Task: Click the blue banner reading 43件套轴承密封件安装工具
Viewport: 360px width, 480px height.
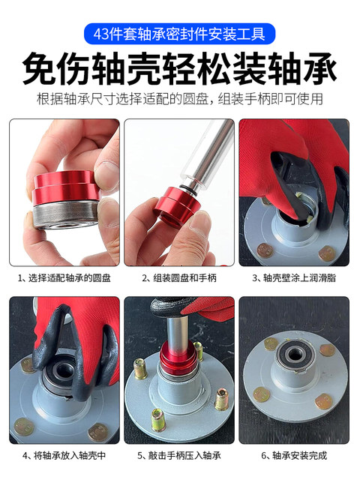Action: (179, 34)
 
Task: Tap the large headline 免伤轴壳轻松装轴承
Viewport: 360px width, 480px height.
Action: (179, 69)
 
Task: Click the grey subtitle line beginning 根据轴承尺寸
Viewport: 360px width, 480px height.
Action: (179, 100)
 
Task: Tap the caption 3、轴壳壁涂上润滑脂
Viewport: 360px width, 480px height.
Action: (294, 277)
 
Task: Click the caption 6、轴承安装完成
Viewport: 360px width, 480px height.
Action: (294, 455)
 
